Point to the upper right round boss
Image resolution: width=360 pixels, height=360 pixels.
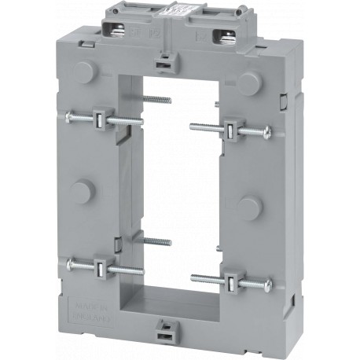coord(251,82)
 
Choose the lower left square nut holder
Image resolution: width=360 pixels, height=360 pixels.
coord(101,268)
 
